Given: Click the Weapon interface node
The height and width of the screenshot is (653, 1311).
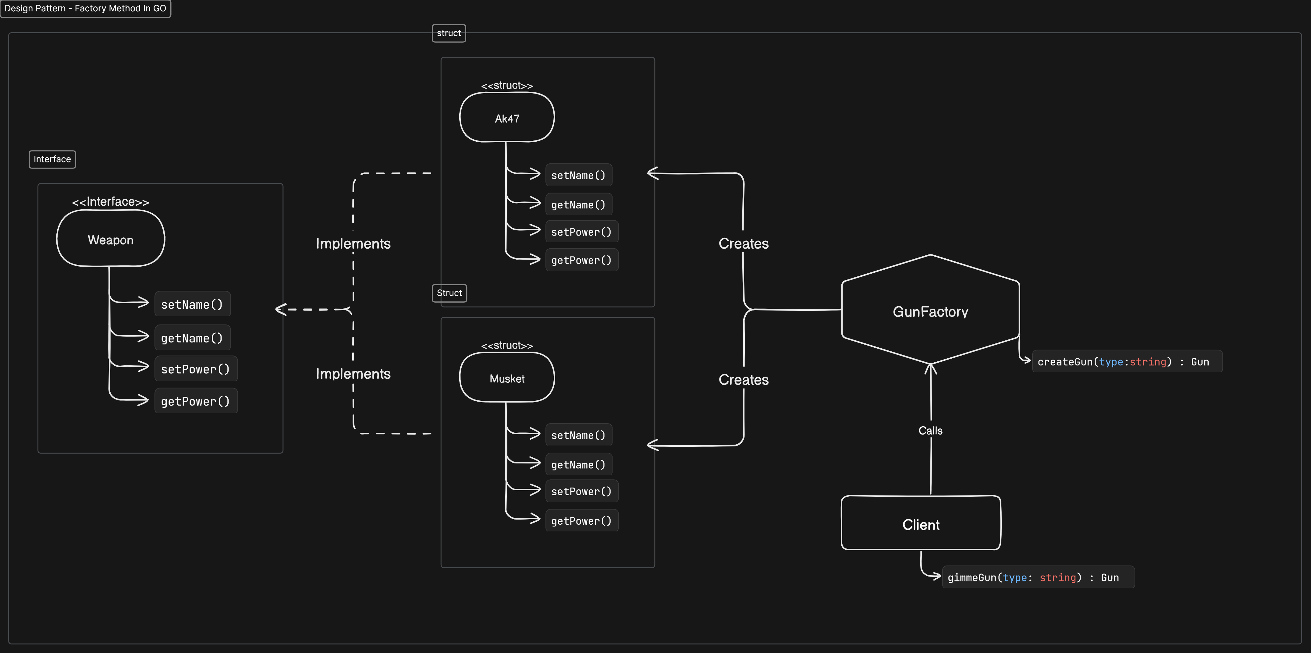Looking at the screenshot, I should (110, 239).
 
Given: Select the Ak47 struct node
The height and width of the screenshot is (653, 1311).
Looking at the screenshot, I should (507, 118).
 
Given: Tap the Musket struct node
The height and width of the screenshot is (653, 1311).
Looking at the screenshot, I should (507, 378).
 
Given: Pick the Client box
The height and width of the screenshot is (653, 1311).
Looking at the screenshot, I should (921, 524).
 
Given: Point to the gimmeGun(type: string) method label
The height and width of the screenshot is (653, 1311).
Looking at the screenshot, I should (1033, 577).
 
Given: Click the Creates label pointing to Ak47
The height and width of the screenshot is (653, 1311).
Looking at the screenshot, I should (743, 243).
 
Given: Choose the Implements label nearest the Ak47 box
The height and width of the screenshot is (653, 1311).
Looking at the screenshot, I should (353, 243).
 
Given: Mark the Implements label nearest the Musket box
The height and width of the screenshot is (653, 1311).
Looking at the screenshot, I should (353, 374).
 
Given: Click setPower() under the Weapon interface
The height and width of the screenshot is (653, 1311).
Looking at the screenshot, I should (195, 369).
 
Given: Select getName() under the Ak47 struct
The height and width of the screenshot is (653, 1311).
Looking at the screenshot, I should (578, 204).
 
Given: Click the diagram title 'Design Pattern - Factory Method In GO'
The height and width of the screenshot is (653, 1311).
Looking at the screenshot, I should (86, 9).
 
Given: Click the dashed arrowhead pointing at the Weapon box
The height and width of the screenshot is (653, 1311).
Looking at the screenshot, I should (280, 309).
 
